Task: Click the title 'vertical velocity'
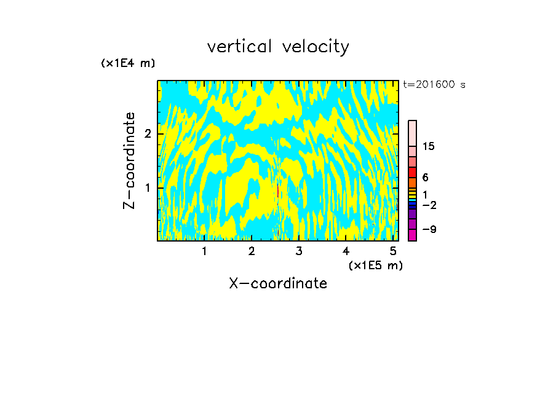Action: (278, 47)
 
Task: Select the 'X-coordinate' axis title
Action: (278, 283)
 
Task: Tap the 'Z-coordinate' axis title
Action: (129, 160)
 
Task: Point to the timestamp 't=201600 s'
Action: (434, 84)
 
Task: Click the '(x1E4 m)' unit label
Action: (128, 63)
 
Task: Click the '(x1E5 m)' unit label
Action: (375, 265)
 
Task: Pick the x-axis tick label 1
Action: (204, 251)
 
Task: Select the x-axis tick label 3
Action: (299, 251)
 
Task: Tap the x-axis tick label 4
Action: (346, 251)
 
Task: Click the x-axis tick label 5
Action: (393, 251)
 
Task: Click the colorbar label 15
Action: (429, 146)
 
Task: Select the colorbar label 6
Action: (425, 177)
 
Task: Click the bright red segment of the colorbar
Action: (412, 172)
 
